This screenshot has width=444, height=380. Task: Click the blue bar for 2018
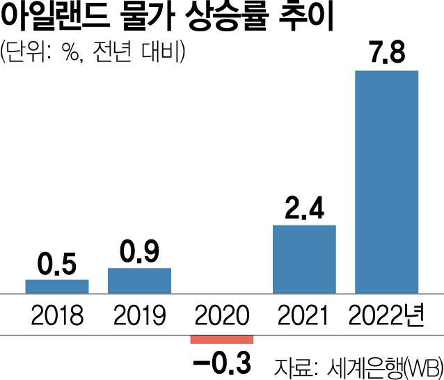(57, 286)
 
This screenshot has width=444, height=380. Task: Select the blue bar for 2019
(139, 280)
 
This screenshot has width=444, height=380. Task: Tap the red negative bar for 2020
(222, 339)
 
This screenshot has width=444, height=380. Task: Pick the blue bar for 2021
(304, 259)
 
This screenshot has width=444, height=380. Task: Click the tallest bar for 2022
(386, 182)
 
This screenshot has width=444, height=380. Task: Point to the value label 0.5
(57, 265)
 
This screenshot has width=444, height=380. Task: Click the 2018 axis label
(57, 315)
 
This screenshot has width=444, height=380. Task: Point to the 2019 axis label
(139, 315)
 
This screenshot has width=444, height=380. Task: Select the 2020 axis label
(222, 315)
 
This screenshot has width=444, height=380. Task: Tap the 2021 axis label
(304, 315)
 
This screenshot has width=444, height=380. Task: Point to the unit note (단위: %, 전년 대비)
(92, 54)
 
